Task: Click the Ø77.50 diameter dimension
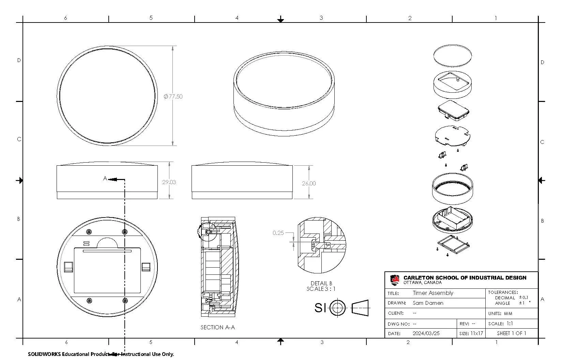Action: click(x=173, y=96)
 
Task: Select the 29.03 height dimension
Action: click(x=169, y=182)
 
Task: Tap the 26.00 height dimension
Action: click(x=309, y=183)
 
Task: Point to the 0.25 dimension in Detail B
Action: click(x=278, y=233)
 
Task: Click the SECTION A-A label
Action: click(x=217, y=327)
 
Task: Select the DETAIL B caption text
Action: click(x=321, y=283)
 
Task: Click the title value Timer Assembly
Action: click(x=433, y=293)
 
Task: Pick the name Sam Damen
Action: click(x=428, y=303)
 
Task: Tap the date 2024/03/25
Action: click(x=426, y=333)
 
